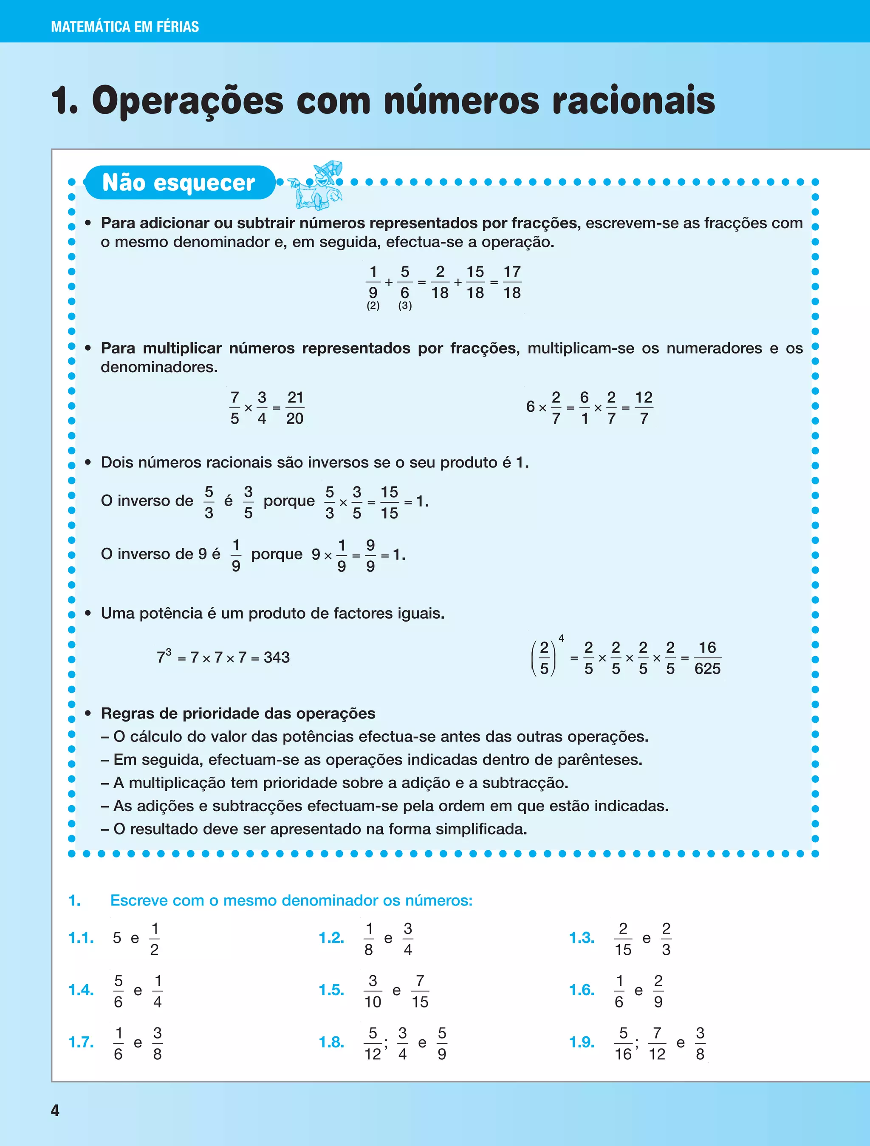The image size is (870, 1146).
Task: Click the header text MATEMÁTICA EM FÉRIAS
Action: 125,26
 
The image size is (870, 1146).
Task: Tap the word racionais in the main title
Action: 633,101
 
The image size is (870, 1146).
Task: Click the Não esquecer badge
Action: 179,182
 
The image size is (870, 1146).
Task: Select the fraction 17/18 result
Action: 511,282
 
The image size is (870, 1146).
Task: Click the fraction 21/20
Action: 295,408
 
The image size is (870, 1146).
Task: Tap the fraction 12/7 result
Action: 644,408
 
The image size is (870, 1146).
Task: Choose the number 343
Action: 277,657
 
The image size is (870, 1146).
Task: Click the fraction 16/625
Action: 707,658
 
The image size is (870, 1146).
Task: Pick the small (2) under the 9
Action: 373,306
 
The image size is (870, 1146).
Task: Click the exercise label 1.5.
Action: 331,990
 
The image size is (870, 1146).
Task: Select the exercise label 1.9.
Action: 582,1042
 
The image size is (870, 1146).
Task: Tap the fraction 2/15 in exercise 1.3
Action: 623,939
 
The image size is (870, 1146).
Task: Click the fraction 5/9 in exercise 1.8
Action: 442,1043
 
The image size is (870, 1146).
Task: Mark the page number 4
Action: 55,1110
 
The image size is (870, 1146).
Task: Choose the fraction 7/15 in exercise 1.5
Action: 420,991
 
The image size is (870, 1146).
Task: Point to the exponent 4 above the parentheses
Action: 561,639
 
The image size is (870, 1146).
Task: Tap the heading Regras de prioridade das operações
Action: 238,713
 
